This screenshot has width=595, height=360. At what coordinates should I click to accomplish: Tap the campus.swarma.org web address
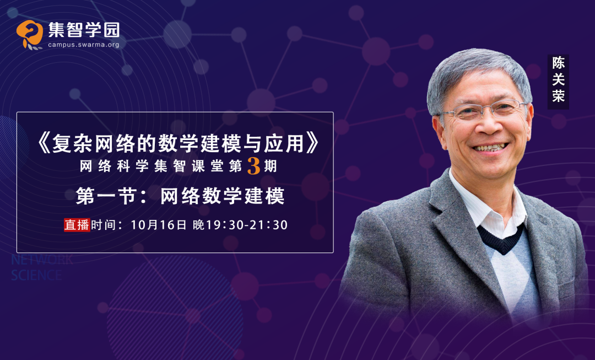coord(84,45)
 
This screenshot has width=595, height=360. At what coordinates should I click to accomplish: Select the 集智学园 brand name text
coord(84,30)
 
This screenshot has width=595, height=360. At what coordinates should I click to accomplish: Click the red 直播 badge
coord(77,225)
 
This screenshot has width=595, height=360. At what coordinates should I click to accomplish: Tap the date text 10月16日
coord(159,225)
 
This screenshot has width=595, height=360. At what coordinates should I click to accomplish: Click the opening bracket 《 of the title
coord(45,144)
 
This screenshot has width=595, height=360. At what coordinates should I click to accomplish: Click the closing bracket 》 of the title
coord(312,144)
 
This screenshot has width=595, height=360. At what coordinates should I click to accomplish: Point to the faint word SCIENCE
coord(36,275)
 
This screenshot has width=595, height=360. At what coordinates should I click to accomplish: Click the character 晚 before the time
coord(199,225)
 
